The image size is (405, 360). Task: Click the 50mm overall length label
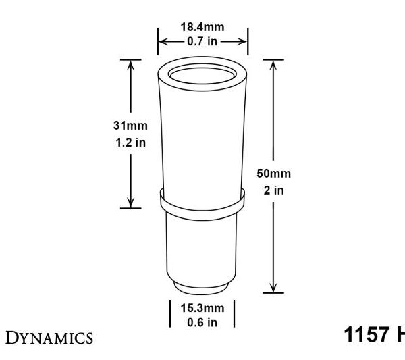[x=273, y=174]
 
